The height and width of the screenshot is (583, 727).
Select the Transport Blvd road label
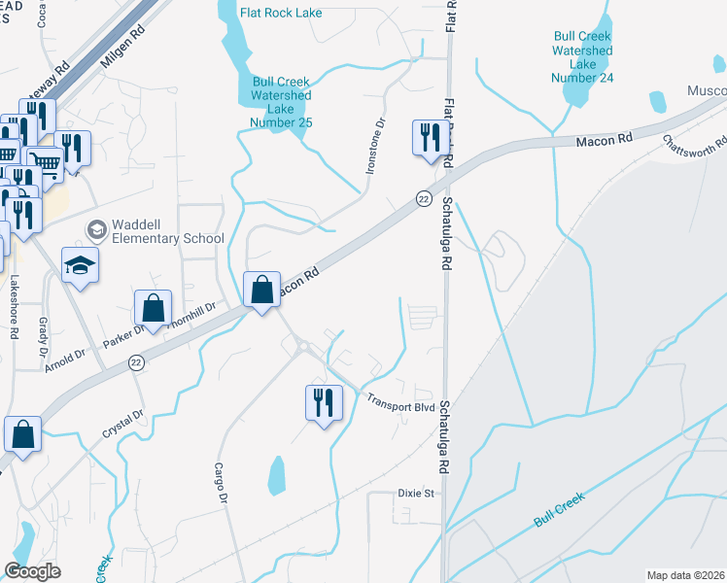point(399,402)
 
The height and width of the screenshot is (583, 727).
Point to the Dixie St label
point(415,494)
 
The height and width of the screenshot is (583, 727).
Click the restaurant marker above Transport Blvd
point(323,401)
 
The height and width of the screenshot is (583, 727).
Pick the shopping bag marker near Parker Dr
point(155,307)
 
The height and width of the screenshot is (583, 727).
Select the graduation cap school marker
point(80,265)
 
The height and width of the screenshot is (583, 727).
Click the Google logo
point(33,571)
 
